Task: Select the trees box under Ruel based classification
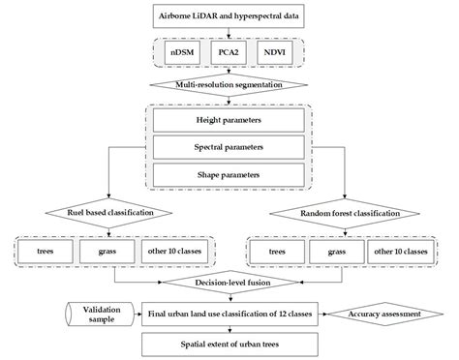(46, 250)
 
